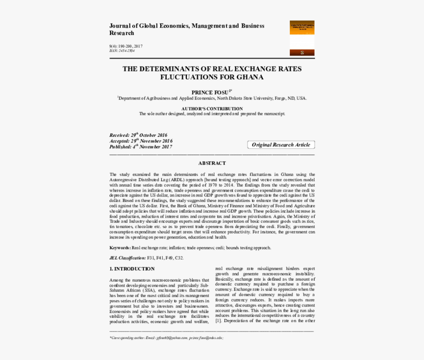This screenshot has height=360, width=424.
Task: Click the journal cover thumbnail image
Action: pos(302,38)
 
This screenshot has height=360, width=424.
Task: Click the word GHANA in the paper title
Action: pos(250,78)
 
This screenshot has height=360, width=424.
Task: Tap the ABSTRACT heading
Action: pos(212,163)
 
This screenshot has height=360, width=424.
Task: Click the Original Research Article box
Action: pos(281,145)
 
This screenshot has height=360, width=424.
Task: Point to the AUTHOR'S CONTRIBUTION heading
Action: pos(212,108)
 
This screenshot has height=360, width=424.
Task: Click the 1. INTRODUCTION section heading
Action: pos(132,269)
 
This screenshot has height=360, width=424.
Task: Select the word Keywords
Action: pos(120,248)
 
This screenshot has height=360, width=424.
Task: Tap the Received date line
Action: pos(139,135)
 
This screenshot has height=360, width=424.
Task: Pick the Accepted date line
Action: pos(141,141)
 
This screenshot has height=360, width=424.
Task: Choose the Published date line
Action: pos(141,147)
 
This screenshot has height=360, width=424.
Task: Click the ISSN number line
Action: pos(122,51)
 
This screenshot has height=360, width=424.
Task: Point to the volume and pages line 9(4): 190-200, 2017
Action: pos(126,46)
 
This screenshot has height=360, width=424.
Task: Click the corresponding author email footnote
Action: pos(166,338)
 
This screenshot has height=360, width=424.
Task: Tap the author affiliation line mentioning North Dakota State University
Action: pos(212,98)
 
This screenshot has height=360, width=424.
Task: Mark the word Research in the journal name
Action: pos(121,33)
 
